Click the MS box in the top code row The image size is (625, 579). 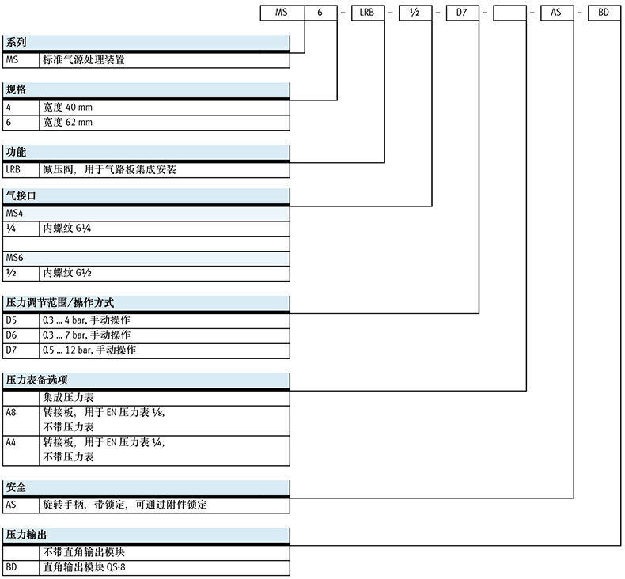[x=282, y=13]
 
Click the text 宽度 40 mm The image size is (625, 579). [x=68, y=107]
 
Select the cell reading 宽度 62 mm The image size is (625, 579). [x=68, y=123]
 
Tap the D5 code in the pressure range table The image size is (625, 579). [x=11, y=320]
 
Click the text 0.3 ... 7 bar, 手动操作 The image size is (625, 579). [x=87, y=335]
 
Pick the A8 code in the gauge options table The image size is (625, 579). [x=11, y=412]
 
